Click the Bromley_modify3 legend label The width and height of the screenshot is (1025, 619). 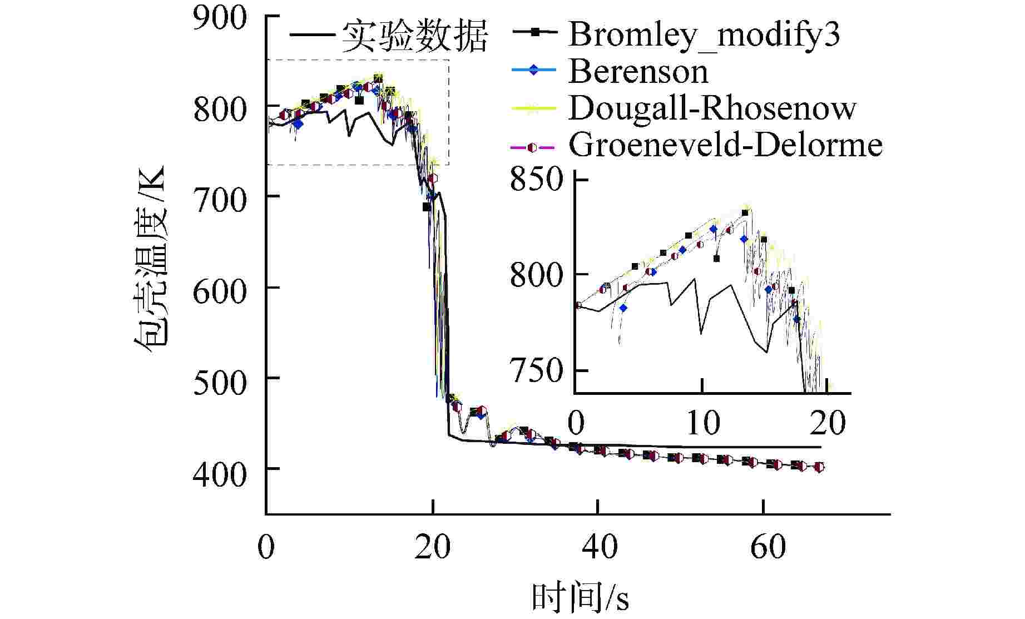point(704,34)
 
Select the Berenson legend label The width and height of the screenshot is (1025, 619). point(638,72)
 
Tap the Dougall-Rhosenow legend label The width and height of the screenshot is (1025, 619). point(712,108)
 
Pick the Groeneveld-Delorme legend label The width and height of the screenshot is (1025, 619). point(725,145)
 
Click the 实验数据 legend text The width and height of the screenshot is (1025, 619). point(414,37)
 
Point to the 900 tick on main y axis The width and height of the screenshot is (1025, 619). point(220,18)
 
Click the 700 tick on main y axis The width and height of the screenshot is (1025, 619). point(220,197)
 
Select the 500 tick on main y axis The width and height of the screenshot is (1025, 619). point(220,379)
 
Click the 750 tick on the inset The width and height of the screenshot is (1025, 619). point(537,371)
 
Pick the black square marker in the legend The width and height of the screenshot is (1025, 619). point(534,33)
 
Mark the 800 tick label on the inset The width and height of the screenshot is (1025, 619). point(537,275)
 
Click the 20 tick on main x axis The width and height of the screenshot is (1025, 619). point(432,547)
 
